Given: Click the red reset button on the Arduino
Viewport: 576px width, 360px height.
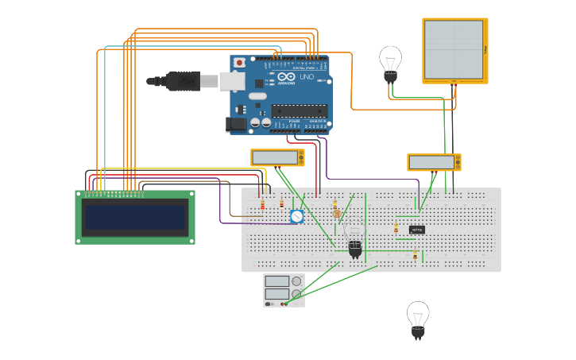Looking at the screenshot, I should point(239,61).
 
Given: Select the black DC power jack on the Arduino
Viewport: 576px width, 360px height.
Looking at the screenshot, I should point(235,124).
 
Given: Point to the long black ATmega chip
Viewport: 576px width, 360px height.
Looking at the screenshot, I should point(300,110).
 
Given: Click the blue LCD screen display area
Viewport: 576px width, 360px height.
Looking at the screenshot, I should point(135,217).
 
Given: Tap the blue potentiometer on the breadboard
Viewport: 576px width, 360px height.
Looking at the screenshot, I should point(296,216).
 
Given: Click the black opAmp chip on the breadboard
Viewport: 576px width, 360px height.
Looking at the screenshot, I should point(417,230).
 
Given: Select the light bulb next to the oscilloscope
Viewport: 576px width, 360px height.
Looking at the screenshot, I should point(390,63).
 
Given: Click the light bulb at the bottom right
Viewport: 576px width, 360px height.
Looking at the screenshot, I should point(418,319).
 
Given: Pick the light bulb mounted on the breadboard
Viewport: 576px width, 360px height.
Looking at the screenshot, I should point(354,239).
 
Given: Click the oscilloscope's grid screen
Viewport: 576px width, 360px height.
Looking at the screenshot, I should point(454,49).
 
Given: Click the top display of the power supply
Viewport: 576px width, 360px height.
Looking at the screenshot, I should point(276,281).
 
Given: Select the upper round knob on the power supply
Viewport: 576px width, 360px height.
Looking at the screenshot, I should point(296,281).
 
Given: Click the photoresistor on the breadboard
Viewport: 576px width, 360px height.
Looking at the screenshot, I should point(336,212).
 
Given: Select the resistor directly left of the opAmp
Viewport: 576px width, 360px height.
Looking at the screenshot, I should point(396,229).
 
